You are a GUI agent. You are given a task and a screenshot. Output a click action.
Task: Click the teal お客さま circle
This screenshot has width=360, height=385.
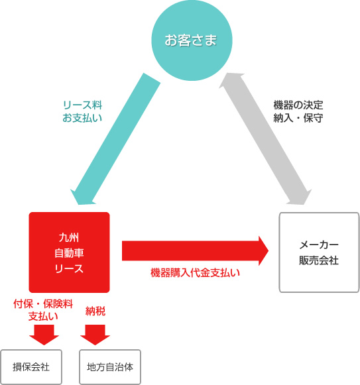coord(192,40)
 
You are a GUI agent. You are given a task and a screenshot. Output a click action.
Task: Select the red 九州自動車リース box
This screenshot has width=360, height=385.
coord(70,252)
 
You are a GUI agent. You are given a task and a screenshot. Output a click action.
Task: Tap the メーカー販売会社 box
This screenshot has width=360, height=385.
coord(319,252)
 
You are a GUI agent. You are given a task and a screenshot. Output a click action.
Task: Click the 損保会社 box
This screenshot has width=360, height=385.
coord(31,367)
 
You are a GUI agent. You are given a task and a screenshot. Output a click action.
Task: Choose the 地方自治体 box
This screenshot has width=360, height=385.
coord(110,367)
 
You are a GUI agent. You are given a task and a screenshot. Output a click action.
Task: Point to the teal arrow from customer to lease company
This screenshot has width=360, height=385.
coord(115,139)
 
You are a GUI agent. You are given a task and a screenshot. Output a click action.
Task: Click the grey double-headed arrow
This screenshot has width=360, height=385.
coord(265,139)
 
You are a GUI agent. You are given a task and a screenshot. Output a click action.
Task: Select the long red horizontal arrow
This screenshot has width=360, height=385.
coord(196,250)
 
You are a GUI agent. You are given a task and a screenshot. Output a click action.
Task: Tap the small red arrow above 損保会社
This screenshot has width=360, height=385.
coord(44,335)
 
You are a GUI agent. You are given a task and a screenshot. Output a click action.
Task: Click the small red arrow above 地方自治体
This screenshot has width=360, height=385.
coord(95,335)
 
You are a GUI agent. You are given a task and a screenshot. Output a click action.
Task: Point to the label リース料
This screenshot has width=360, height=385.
coord(82,105)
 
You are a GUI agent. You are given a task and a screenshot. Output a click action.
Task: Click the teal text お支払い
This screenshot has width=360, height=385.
coord(82,118)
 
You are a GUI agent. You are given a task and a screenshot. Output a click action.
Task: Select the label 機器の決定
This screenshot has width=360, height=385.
coord(298,105)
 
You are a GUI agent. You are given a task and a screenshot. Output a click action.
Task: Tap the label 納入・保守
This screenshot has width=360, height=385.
coord(298,118)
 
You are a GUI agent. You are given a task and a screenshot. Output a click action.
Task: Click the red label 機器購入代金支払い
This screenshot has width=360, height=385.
coord(195,273)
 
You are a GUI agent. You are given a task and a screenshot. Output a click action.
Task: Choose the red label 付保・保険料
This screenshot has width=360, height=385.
coord(43,304)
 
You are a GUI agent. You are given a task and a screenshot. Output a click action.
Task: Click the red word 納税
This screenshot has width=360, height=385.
coord(95,311)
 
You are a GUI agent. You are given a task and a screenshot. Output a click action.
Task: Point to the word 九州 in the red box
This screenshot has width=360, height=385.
coord(69,238)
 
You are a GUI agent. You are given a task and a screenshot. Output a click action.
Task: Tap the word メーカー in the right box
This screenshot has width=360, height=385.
coord(319,245)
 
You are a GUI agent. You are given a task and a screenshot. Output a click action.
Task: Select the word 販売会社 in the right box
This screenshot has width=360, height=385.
coord(319,260)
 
